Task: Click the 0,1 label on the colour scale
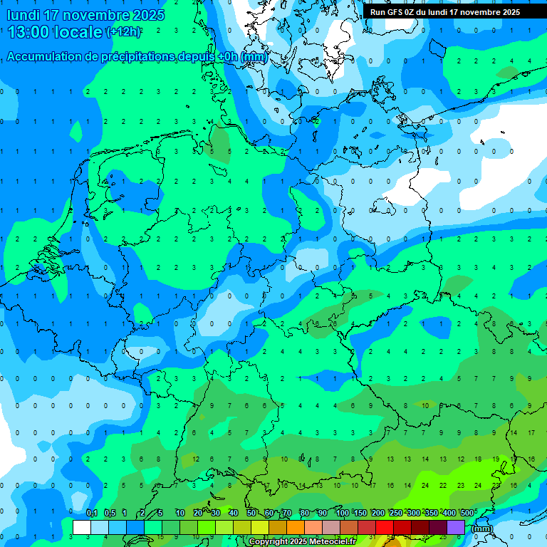tap(92, 513)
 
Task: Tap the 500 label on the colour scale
tap(467, 513)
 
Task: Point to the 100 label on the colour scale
tap(343, 513)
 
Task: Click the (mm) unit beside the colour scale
tap(482, 528)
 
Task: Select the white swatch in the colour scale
tap(82, 527)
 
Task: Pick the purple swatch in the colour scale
tap(456, 527)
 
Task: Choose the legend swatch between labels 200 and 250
tap(385, 527)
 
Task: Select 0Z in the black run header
tap(412, 12)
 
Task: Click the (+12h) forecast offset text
tap(124, 31)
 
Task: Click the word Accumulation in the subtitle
tap(44, 57)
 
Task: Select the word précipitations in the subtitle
tap(136, 57)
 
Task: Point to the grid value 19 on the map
tap(495, 459)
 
